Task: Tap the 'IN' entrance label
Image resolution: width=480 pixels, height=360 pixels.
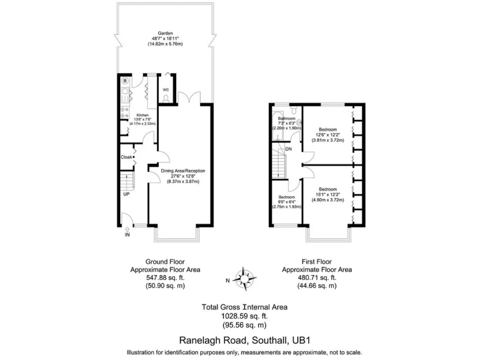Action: pos(127,235)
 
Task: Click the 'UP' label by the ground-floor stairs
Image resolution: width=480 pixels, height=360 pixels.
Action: pos(126,194)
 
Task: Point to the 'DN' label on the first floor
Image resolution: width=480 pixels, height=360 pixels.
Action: pos(288,149)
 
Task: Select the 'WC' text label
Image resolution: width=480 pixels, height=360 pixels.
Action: pos(166,90)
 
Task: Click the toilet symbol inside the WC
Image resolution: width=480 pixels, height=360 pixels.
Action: pos(166,99)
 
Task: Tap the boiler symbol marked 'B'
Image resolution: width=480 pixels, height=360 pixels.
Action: pos(125,81)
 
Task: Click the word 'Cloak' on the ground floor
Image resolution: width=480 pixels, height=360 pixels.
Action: pos(126,157)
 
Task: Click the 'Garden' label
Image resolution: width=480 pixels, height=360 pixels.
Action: pos(166,33)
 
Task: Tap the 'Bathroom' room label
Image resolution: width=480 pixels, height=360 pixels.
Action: pos(286,118)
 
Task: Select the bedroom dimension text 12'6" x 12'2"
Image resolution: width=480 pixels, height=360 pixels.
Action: pos(327,135)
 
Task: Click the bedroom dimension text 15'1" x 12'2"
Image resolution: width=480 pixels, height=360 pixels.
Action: pos(327,194)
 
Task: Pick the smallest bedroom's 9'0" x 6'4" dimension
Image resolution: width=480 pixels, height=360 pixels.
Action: pos(286,201)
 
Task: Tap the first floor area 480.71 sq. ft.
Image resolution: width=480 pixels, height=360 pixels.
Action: pos(316,277)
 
